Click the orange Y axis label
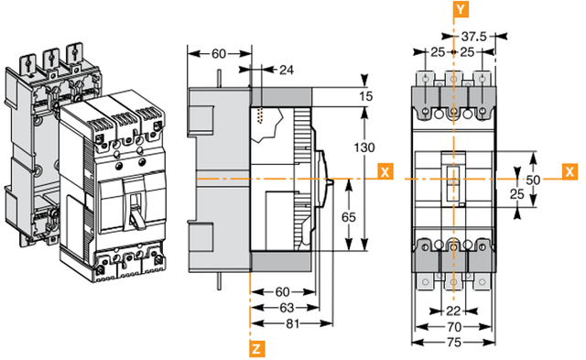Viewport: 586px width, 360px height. (461, 9)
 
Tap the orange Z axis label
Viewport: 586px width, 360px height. (256, 349)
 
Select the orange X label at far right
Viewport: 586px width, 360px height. (570, 171)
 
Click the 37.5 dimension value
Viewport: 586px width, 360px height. (474, 37)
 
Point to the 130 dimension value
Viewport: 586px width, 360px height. (364, 147)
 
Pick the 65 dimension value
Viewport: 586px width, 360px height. (349, 217)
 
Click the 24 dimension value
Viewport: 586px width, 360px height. (287, 70)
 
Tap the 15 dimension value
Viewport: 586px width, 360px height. (366, 96)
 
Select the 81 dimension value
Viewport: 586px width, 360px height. (293, 323)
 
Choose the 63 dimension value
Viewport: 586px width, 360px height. (287, 308)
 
